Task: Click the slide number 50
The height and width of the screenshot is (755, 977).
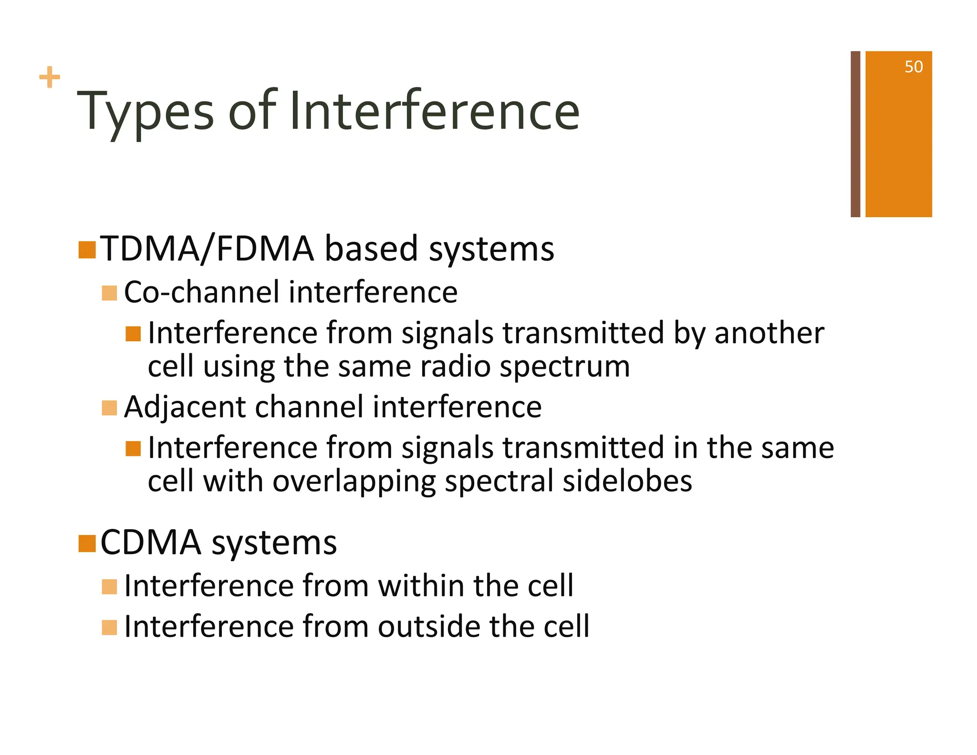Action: click(913, 67)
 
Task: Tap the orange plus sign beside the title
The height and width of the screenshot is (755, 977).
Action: click(50, 77)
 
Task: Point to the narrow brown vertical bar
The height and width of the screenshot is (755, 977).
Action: click(855, 134)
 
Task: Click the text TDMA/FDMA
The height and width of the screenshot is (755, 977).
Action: click(207, 249)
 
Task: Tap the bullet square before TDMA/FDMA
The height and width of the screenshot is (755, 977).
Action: click(87, 250)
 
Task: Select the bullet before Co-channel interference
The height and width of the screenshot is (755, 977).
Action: click(109, 293)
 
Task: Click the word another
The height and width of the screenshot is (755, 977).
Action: click(769, 333)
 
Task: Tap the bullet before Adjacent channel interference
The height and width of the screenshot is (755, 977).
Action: click(109, 408)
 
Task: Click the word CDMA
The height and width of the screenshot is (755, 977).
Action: click(151, 543)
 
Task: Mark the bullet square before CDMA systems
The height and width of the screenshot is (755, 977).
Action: click(87, 543)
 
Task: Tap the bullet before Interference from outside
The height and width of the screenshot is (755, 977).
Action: click(109, 628)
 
